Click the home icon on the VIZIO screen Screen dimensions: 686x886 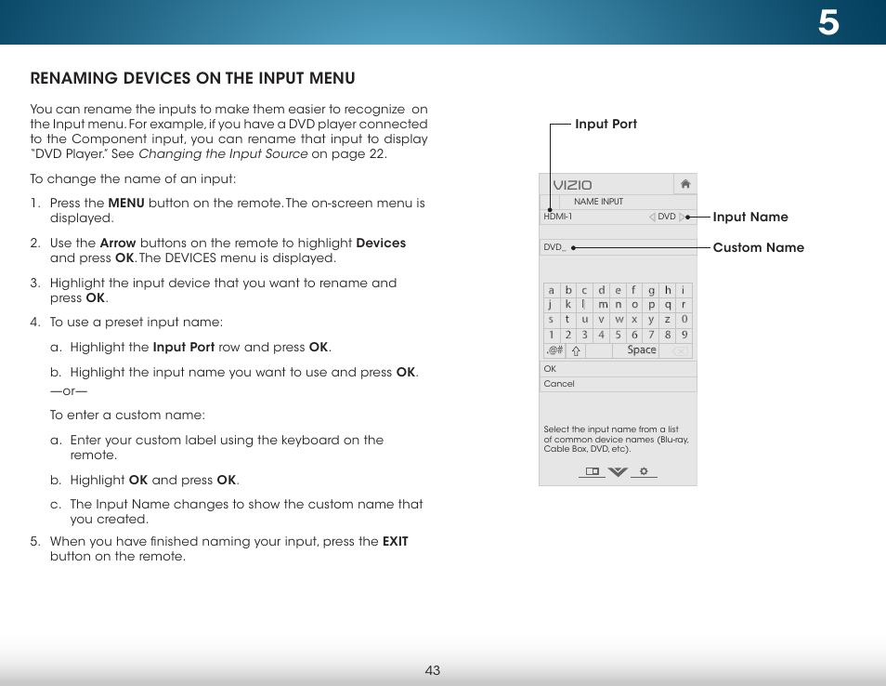(685, 184)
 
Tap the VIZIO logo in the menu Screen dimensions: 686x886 (572, 185)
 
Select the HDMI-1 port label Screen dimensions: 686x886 (558, 217)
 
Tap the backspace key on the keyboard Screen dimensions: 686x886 (679, 351)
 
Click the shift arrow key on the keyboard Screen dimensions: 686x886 (576, 351)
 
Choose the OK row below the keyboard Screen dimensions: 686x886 (618, 369)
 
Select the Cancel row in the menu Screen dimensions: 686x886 (618, 384)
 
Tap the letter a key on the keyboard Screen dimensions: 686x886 (551, 290)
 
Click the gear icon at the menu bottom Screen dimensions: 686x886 (643, 472)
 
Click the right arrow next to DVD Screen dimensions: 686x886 (683, 217)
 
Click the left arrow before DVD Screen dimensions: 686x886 (652, 217)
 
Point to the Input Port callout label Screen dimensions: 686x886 (606, 124)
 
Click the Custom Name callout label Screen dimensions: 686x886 (758, 247)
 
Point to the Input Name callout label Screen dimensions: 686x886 (749, 217)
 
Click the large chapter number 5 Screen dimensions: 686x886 (828, 22)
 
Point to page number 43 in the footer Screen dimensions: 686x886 (433, 670)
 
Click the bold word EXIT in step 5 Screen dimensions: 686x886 (395, 541)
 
